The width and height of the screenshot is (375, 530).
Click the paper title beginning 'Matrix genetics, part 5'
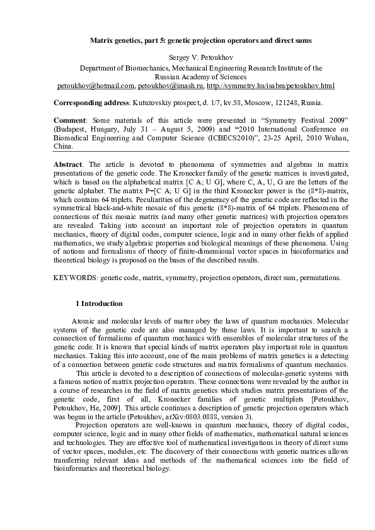[200, 40]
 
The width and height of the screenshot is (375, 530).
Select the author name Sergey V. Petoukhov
[200, 57]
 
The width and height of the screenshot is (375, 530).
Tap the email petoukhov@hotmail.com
[96, 86]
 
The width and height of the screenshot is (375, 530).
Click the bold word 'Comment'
[71, 120]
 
